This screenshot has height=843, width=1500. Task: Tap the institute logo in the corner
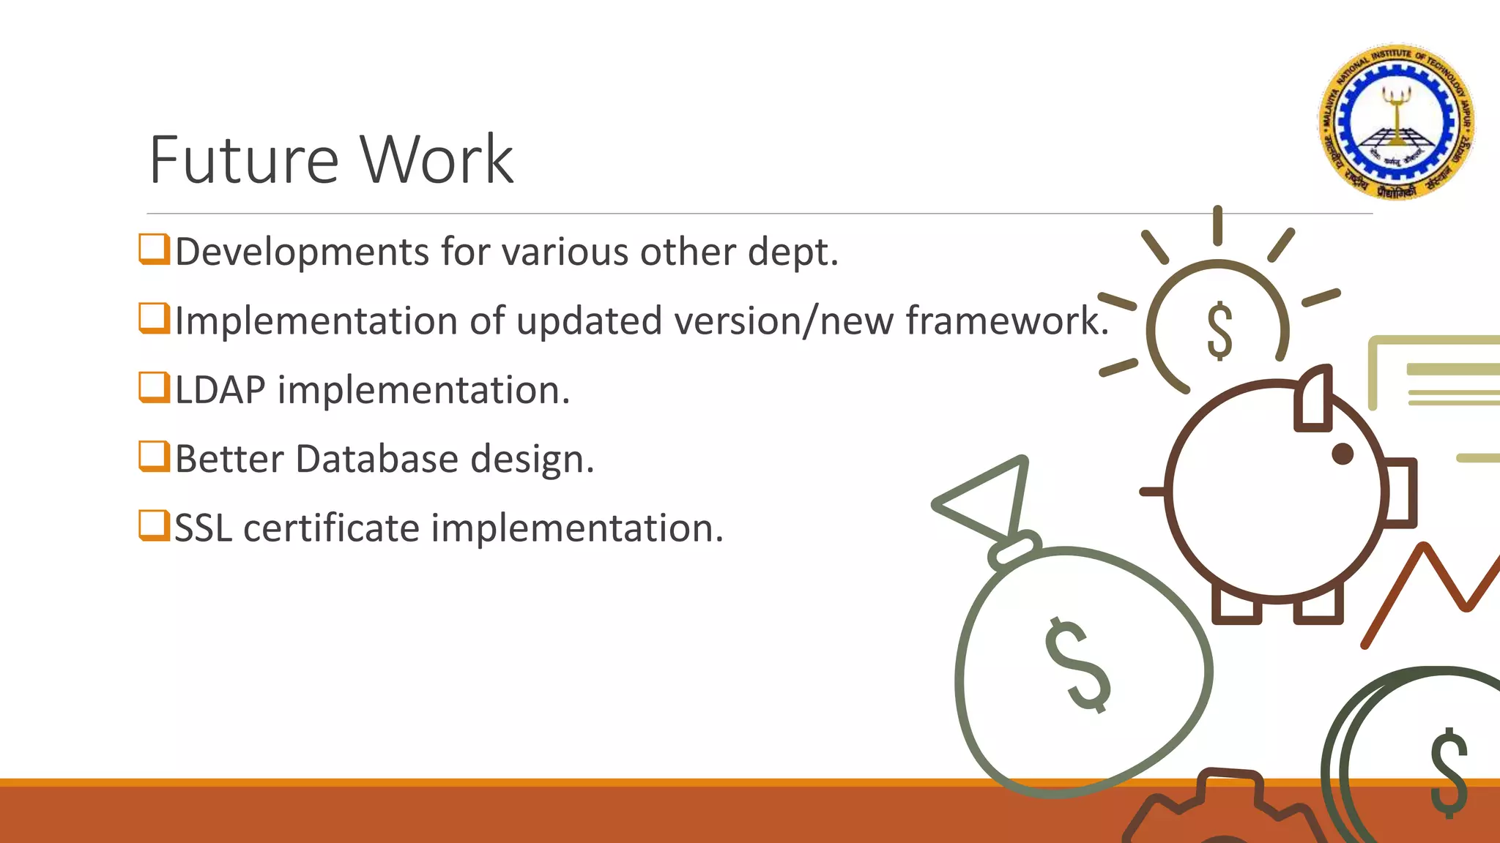(x=1397, y=121)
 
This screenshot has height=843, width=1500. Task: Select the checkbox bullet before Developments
(x=154, y=249)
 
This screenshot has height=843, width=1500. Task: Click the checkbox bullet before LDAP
(x=154, y=387)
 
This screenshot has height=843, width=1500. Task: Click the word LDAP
(x=220, y=389)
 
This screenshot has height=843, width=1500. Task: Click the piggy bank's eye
(x=1342, y=454)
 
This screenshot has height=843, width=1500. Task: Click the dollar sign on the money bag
(x=1077, y=664)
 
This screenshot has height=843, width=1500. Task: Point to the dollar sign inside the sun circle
(x=1219, y=331)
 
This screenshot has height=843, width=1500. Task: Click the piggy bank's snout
(x=1400, y=492)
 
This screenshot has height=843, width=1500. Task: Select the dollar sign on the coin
(x=1449, y=772)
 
